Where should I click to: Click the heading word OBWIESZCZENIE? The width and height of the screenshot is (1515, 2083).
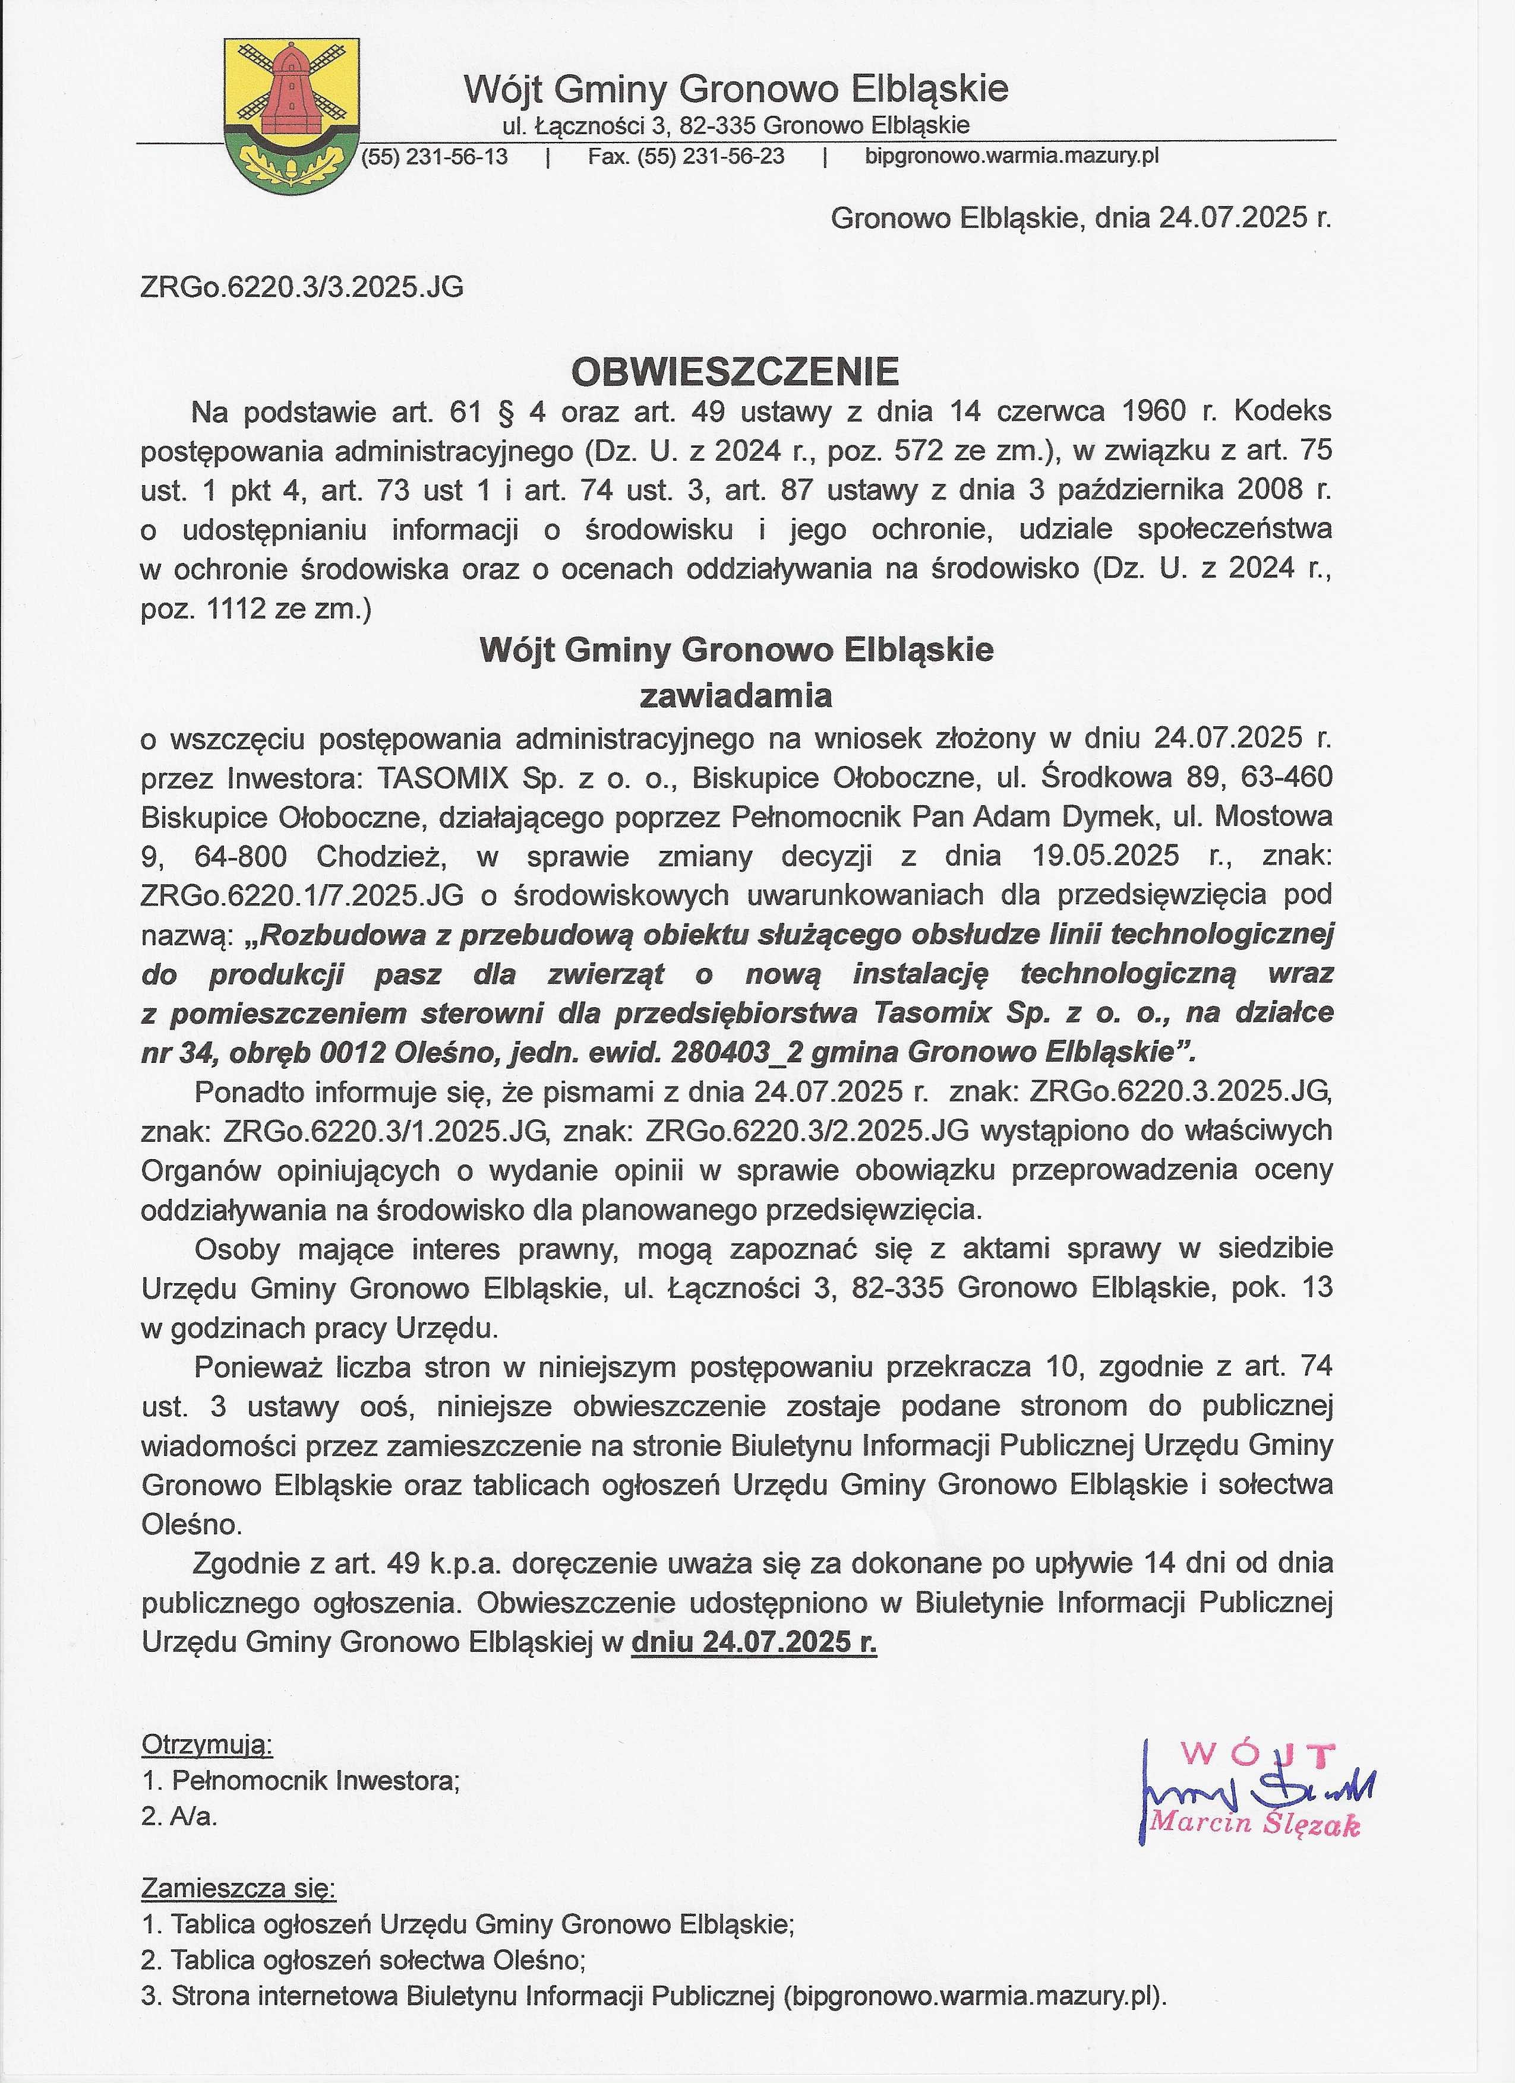pos(735,371)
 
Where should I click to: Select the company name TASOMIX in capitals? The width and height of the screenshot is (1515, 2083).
pos(443,778)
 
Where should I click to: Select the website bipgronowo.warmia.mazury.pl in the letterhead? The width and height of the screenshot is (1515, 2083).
pos(1012,156)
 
